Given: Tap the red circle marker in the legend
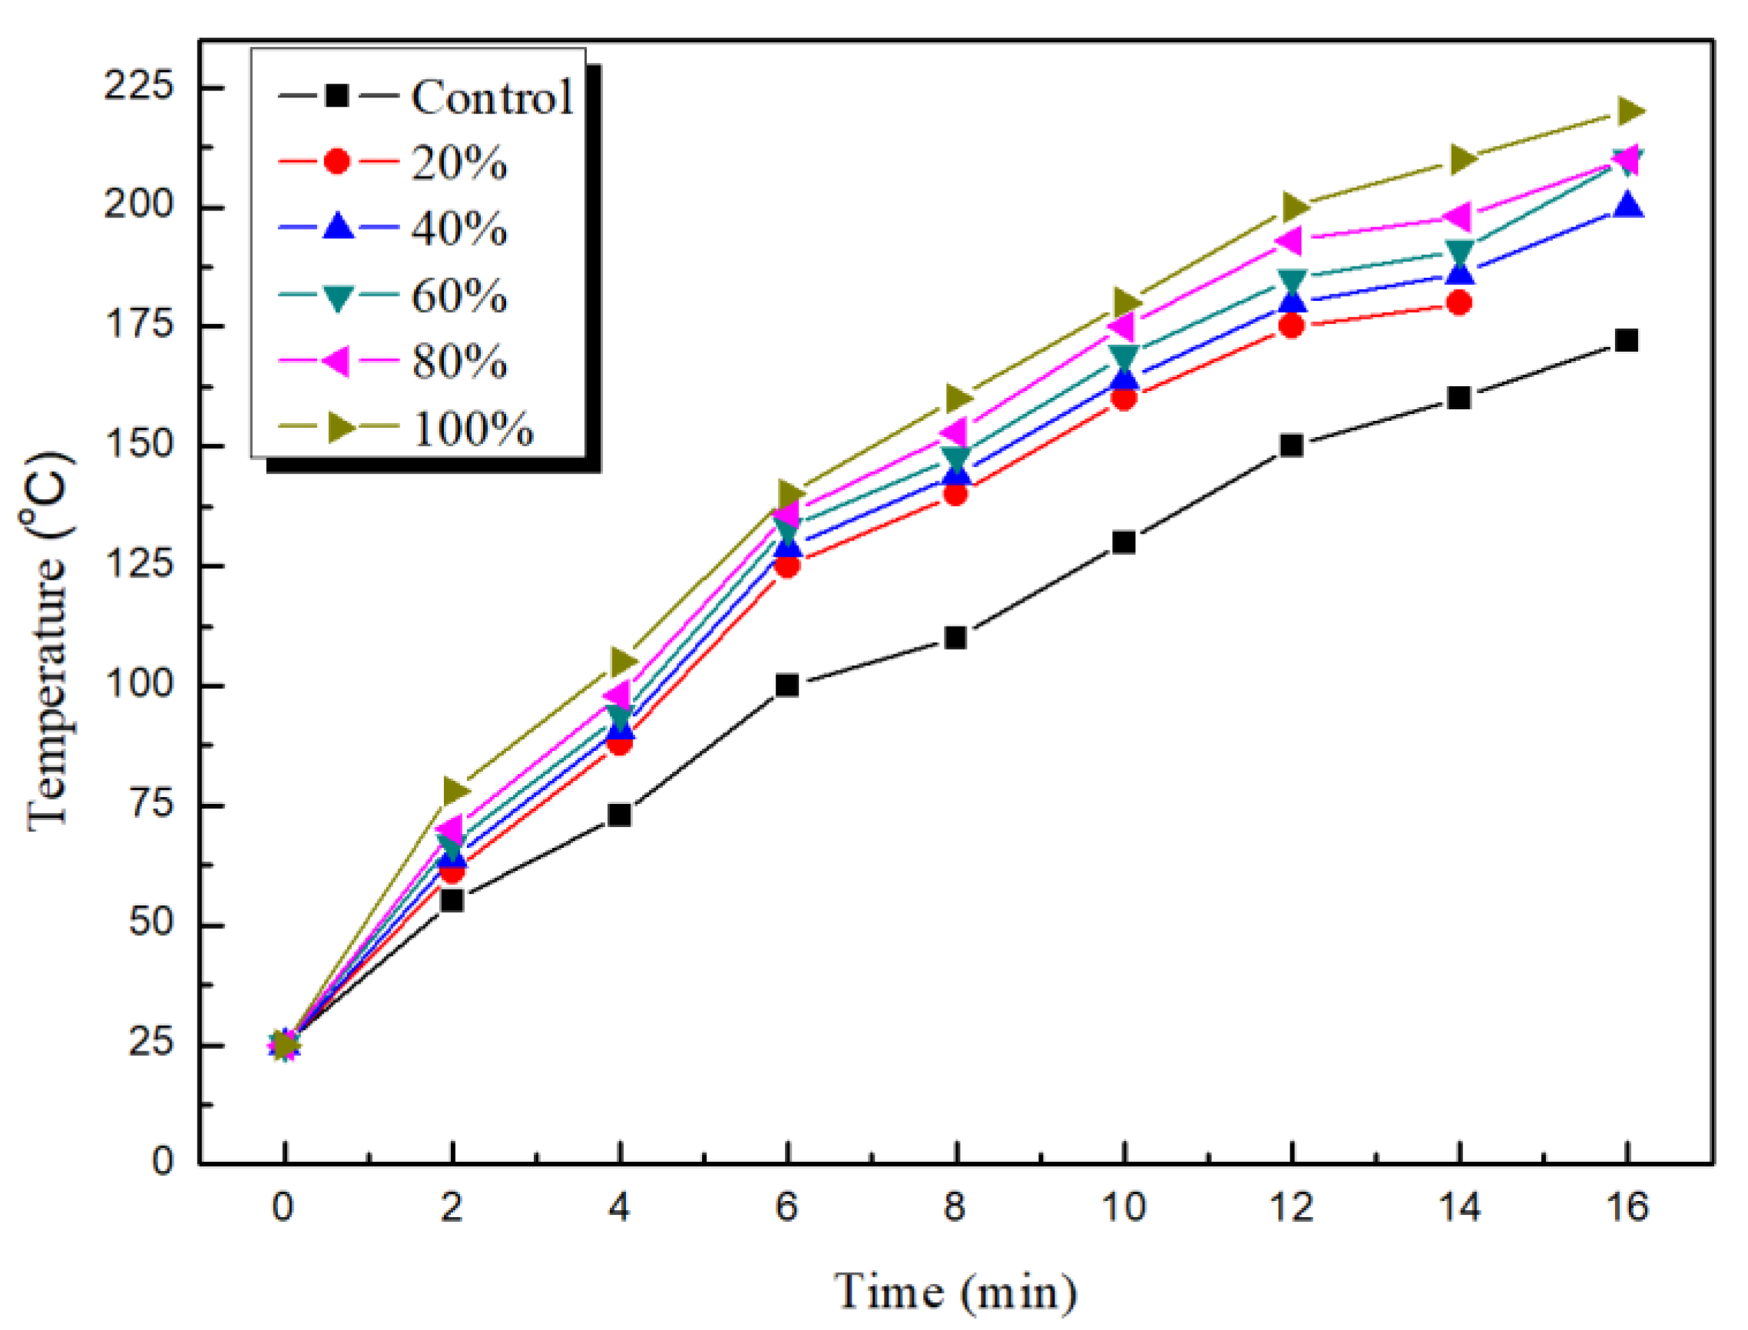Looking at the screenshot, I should pyautogui.click(x=337, y=161).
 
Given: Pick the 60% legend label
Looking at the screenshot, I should pyautogui.click(x=459, y=296).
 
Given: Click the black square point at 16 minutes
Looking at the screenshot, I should pyautogui.click(x=1625, y=340).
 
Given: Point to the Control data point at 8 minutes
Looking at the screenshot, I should pyautogui.click(x=955, y=637).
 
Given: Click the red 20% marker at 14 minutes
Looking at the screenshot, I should pyautogui.click(x=1458, y=303).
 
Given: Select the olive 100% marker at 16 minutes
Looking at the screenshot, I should pyautogui.click(x=1628, y=111).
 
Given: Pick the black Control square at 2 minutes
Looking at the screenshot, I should pyautogui.click(x=452, y=900).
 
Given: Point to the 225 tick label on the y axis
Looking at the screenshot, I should pyautogui.click(x=138, y=85).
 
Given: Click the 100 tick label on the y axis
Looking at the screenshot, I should pyautogui.click(x=138, y=683).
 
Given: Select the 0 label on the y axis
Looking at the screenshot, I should pyautogui.click(x=162, y=1161).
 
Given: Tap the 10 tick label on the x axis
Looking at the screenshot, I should pyautogui.click(x=1124, y=1207).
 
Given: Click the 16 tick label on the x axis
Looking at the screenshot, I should pyautogui.click(x=1626, y=1207).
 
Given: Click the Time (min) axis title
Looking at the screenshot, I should pyautogui.click(x=955, y=1292).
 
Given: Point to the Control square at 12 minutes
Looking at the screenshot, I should pyautogui.click(x=1291, y=445).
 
